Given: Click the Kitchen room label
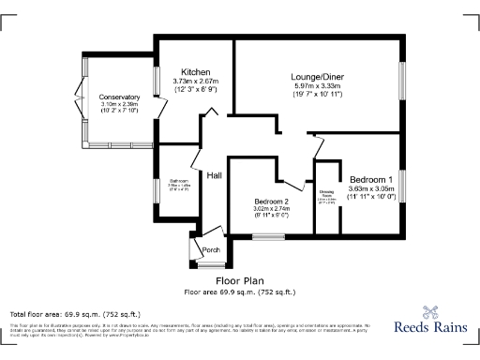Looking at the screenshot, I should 195,72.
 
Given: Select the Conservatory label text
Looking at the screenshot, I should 119,96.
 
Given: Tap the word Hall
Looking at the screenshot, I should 214,175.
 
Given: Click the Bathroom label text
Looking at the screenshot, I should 179,181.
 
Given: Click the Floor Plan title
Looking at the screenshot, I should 240,280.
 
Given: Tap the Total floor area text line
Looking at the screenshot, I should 75,313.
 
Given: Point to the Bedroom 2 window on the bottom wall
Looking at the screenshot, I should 266,237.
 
